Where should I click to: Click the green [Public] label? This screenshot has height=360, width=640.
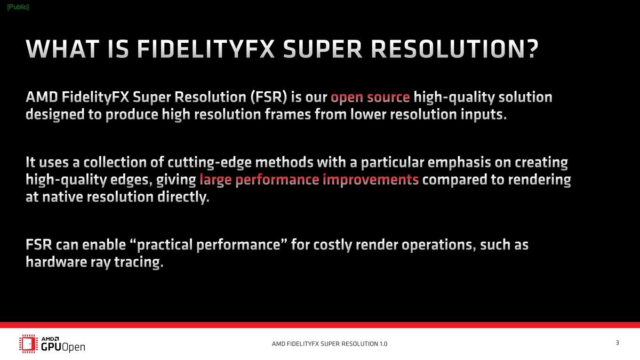coord(18,7)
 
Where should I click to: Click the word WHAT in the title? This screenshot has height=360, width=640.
coord(63,49)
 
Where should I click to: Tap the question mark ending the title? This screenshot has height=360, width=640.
coord(532,49)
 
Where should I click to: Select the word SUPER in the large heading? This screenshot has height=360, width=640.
coord(322,49)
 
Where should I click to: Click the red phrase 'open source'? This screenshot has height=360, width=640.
coord(370,97)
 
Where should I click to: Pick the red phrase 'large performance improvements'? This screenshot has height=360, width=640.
coord(309,180)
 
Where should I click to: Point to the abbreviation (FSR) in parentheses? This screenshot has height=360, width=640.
coord(269,97)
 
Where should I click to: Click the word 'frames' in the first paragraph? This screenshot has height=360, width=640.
coord(288,114)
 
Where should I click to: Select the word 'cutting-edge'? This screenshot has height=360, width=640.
coord(209,162)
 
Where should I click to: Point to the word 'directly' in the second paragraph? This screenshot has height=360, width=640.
coord(184,197)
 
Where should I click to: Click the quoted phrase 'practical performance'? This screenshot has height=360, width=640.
coord(208,245)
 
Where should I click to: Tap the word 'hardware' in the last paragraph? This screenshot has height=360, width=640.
coord(56,262)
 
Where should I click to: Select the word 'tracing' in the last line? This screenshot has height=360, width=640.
coord(139,262)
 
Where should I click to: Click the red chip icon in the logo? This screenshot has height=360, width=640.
coord(29,344)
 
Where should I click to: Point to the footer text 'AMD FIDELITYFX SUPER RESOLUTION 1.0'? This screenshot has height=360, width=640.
coord(329,344)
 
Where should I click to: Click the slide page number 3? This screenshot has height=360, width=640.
coord(617,343)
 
